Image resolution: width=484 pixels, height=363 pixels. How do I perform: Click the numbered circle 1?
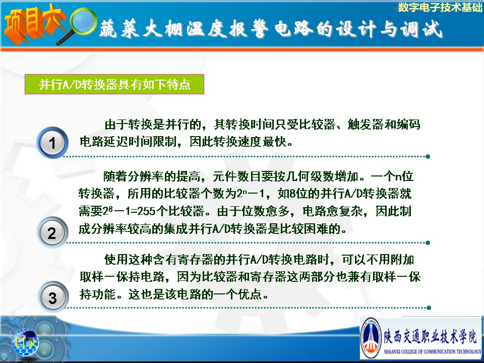pos(52,143)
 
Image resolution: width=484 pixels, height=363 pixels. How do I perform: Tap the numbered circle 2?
pos(52,232)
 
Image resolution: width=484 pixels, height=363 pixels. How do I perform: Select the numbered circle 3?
pos(53,297)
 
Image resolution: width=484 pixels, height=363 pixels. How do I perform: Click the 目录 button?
pos(26,342)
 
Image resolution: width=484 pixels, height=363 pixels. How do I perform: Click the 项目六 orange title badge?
pos(33,24)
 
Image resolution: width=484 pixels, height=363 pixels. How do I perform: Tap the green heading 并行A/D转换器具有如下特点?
pos(114,84)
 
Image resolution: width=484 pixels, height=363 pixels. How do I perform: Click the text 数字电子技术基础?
pos(440,7)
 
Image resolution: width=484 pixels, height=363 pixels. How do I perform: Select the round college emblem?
pos(372,338)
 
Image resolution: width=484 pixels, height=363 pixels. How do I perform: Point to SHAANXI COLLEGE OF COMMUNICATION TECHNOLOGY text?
pos(432,351)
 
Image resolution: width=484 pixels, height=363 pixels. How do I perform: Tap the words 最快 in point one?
pos(275,142)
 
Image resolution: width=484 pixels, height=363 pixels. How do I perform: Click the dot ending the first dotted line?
pos(428,156)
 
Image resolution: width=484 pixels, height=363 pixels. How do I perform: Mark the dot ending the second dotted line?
pos(428,243)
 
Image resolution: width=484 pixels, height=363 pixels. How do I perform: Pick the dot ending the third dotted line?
pos(428,308)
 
